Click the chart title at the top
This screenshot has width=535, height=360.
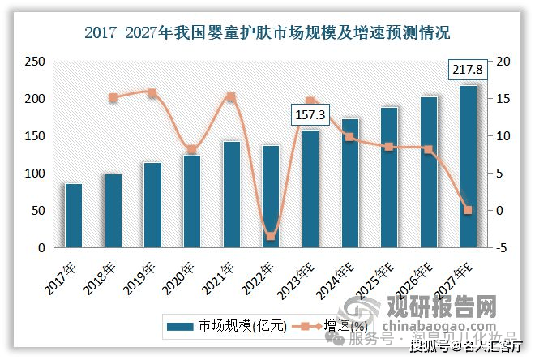point(267,33)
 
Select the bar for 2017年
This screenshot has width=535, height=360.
point(74,216)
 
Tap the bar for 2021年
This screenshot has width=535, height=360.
point(232,195)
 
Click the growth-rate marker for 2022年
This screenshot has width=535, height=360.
point(271,236)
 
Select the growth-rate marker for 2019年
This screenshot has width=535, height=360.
point(152,93)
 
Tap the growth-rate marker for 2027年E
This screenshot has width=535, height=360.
point(468,210)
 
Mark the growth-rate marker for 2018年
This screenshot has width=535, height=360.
point(113,97)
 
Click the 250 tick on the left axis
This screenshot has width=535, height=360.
point(33,62)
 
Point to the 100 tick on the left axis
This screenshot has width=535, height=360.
point(33,174)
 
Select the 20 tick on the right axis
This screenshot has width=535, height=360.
point(504,62)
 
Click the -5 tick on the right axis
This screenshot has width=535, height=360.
point(504,248)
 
